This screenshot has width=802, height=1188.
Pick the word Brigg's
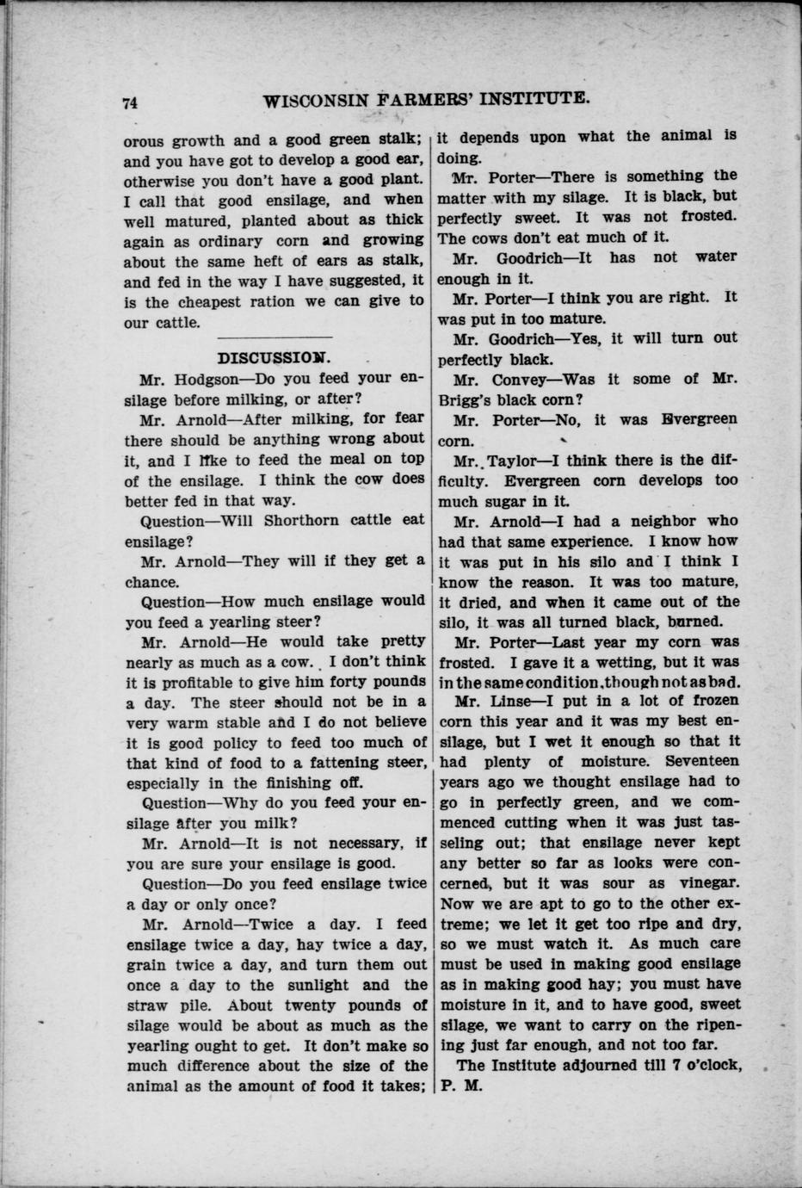472,399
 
